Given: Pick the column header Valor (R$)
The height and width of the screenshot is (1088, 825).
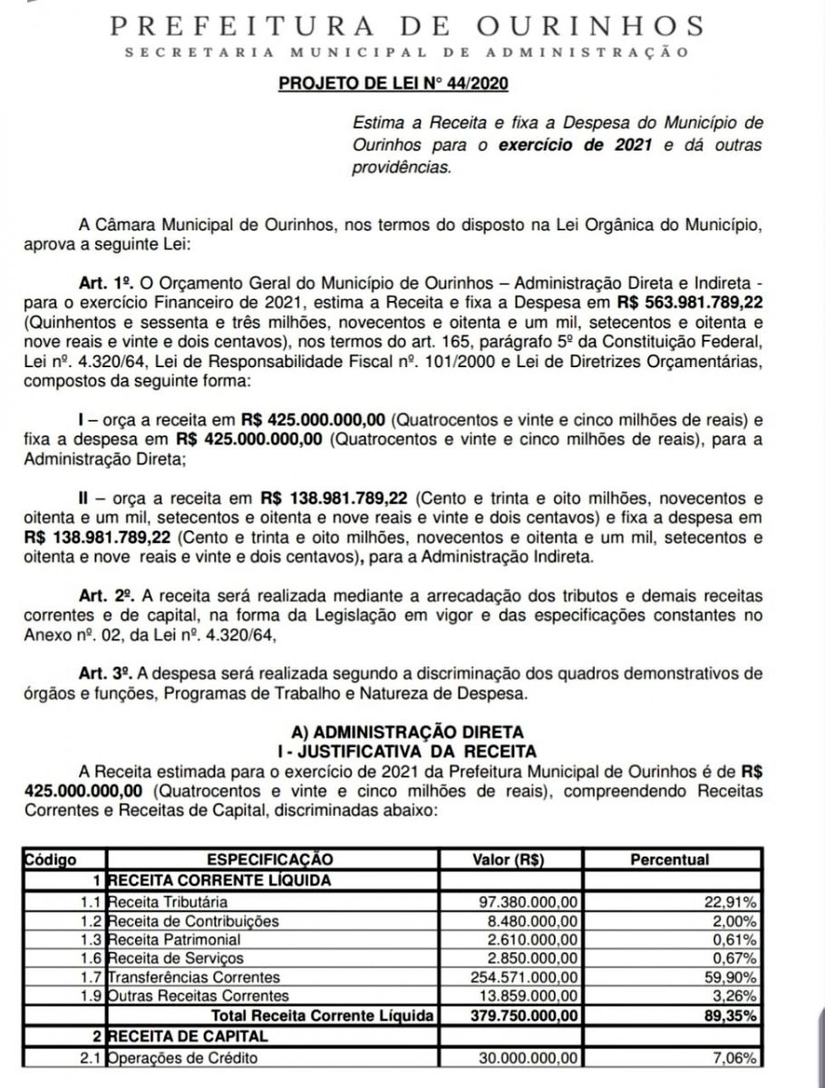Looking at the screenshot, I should (509, 859).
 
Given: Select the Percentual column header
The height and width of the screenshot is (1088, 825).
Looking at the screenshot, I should (672, 859).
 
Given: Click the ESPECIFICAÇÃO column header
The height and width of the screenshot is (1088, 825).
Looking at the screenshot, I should (271, 859).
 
